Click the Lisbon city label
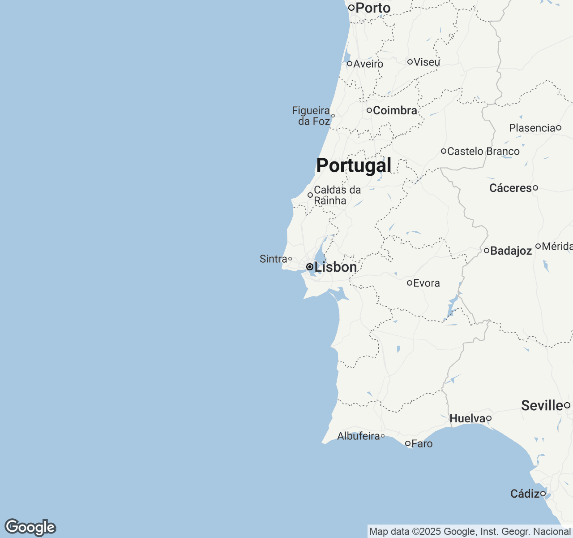point(335,267)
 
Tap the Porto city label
point(373,8)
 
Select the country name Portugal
point(354,165)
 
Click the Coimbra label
point(395,110)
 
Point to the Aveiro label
point(368,64)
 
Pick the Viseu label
point(427,62)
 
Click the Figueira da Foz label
point(311,116)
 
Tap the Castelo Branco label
point(483,152)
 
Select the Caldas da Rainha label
point(337,195)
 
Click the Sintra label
point(273,259)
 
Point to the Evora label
point(426,283)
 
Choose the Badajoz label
point(511,251)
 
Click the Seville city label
point(542,405)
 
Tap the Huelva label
point(467,418)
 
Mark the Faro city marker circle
point(408,443)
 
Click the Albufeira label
point(358,436)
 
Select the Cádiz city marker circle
point(543,494)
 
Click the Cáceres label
point(510,188)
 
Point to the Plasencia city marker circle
point(559,128)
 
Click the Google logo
point(30,527)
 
